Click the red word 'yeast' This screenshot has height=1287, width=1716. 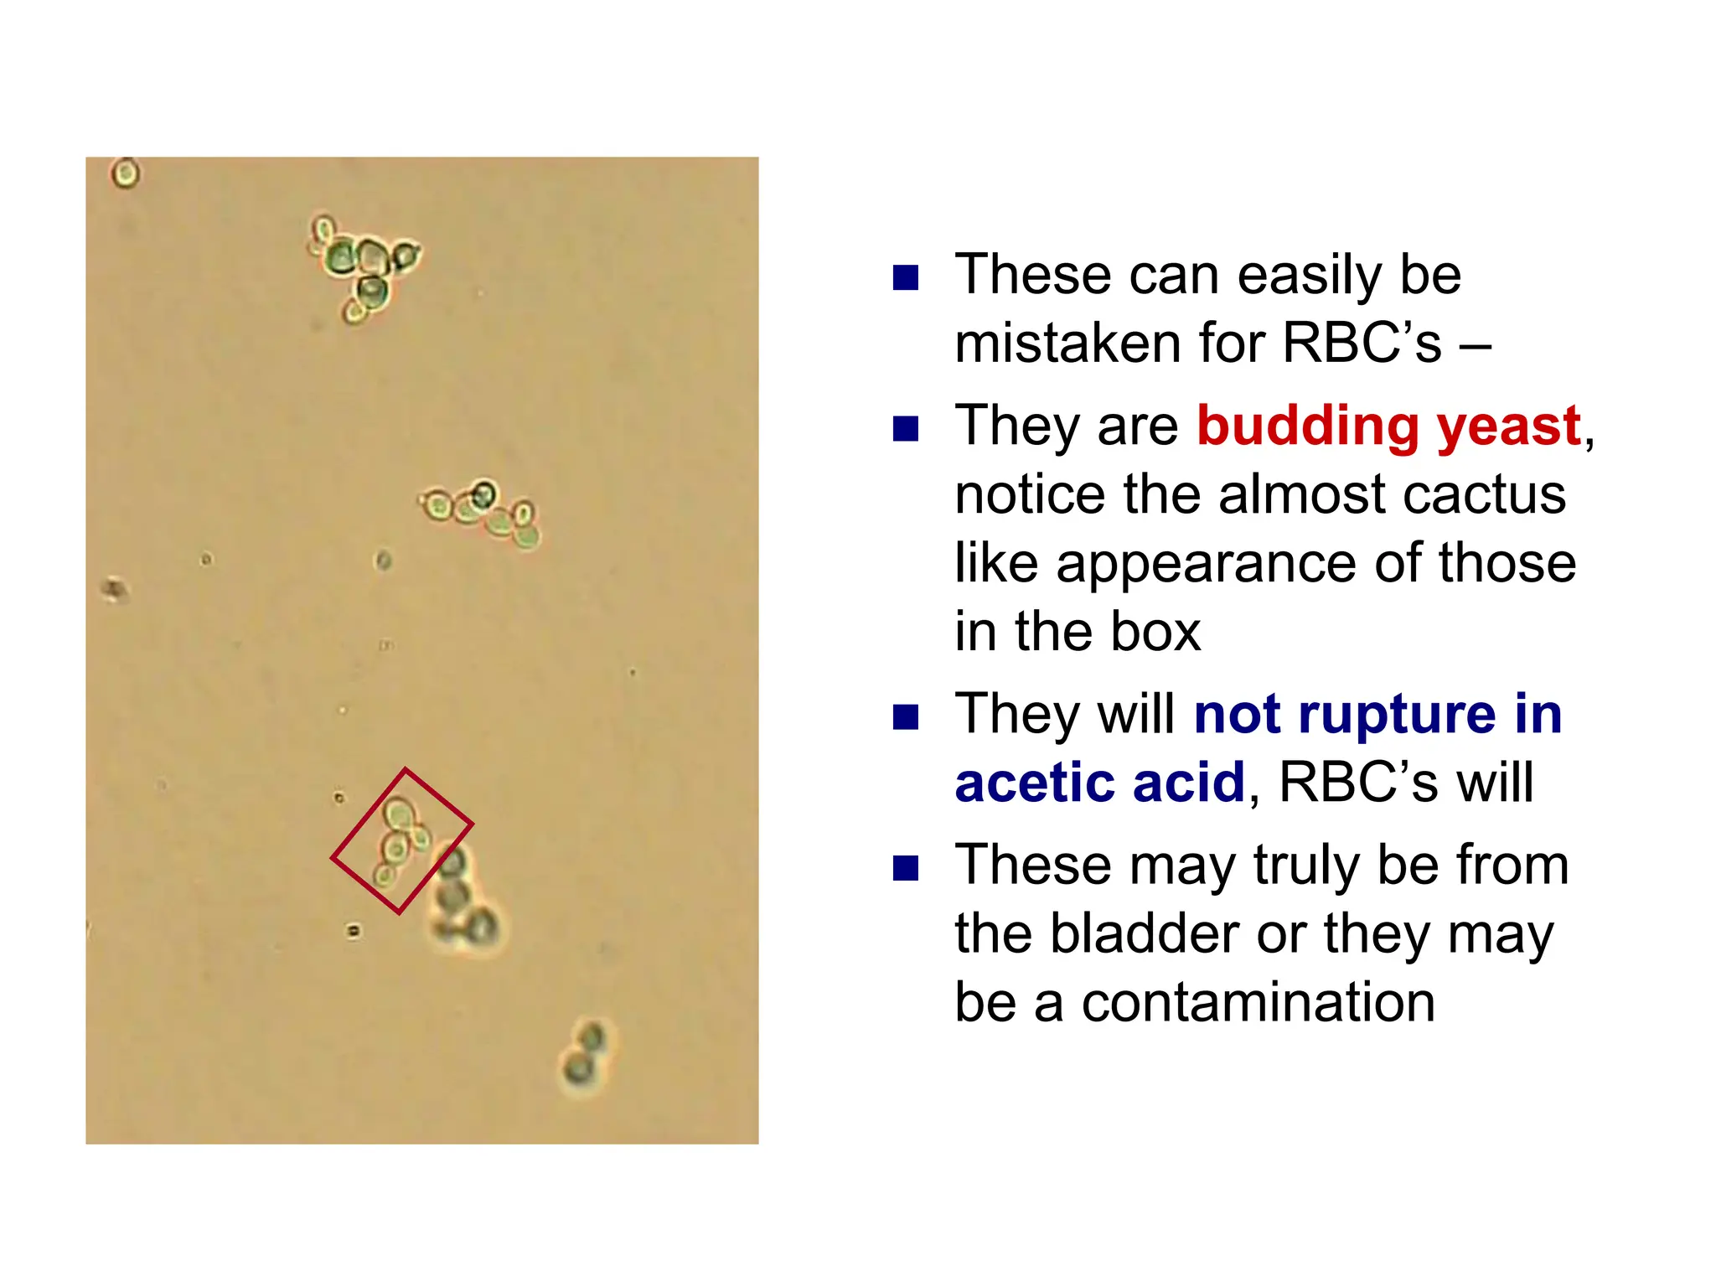(x=1508, y=427)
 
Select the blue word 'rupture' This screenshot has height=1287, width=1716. (x=1397, y=714)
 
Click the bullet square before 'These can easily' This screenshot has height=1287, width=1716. (x=906, y=277)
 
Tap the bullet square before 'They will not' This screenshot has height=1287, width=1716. (x=906, y=717)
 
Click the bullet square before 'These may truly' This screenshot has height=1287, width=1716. (x=906, y=868)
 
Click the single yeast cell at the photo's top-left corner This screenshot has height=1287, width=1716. (x=126, y=173)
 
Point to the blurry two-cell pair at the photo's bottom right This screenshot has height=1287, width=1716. (x=585, y=1056)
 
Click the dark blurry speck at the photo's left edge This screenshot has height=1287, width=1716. (x=114, y=590)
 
